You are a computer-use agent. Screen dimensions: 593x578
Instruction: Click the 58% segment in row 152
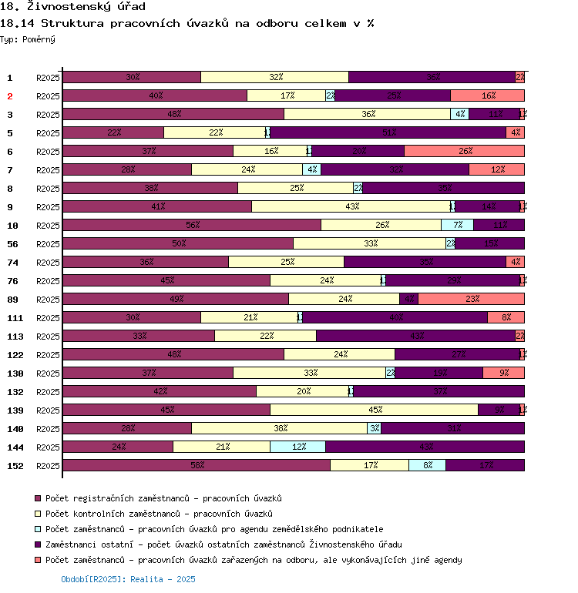coord(197,465)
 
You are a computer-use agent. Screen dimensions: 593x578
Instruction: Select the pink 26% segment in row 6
coord(464,151)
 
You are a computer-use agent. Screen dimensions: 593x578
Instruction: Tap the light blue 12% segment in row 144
coord(297,447)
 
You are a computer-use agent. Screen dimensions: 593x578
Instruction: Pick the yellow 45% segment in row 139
coord(374,410)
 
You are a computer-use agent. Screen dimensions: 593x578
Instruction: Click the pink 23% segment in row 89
coord(471,299)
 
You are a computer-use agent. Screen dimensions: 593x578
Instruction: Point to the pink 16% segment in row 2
coord(487,95)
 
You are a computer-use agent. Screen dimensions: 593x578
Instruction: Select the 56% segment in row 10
coord(192,225)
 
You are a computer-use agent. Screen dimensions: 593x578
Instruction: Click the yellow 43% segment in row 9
coord(351,206)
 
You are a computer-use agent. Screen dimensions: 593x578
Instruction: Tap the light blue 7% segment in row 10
coord(457,225)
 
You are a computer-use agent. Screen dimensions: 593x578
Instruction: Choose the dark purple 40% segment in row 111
coord(395,317)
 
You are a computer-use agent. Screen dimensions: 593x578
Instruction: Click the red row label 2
coord(10,96)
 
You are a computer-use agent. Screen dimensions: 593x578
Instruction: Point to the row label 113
coord(15,337)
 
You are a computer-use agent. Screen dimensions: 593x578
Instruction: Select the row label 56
coord(12,244)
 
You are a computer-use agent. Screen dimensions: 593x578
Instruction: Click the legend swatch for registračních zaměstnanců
coord(39,498)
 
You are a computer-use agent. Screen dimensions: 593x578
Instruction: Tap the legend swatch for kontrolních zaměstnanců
coord(39,514)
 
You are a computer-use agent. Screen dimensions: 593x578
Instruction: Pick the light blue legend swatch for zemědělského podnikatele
coord(39,529)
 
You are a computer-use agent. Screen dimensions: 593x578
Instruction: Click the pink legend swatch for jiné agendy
coord(39,560)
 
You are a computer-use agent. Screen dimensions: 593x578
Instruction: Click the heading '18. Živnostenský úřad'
coord(72,7)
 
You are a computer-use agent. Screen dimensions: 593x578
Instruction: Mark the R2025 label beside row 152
coord(48,466)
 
